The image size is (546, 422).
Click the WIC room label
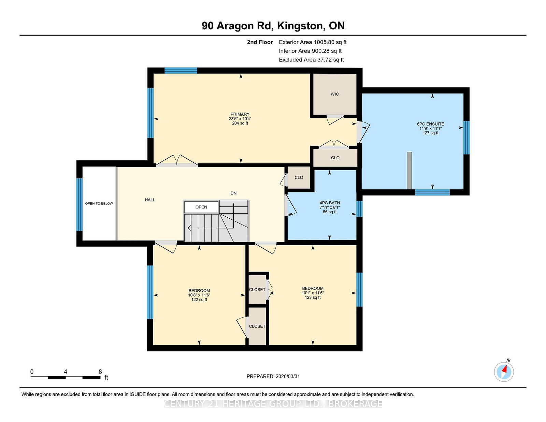335,94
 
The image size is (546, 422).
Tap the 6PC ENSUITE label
430,124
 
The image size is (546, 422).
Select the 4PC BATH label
330,203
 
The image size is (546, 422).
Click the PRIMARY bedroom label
240,114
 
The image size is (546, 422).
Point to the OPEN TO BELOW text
99,203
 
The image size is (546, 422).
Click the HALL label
150,200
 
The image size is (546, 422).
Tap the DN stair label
233,193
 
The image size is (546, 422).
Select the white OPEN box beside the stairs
201,207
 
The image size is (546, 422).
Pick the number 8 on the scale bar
100,372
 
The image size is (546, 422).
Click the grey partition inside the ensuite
409,171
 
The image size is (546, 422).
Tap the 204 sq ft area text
240,123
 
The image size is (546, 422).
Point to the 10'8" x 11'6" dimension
199,295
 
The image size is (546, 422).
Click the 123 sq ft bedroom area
313,297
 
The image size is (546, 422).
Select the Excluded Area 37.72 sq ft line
311,60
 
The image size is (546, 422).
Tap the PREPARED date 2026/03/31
288,376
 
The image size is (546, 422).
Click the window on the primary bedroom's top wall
181,71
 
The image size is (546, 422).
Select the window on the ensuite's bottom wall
432,192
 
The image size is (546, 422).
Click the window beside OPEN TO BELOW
80,205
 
